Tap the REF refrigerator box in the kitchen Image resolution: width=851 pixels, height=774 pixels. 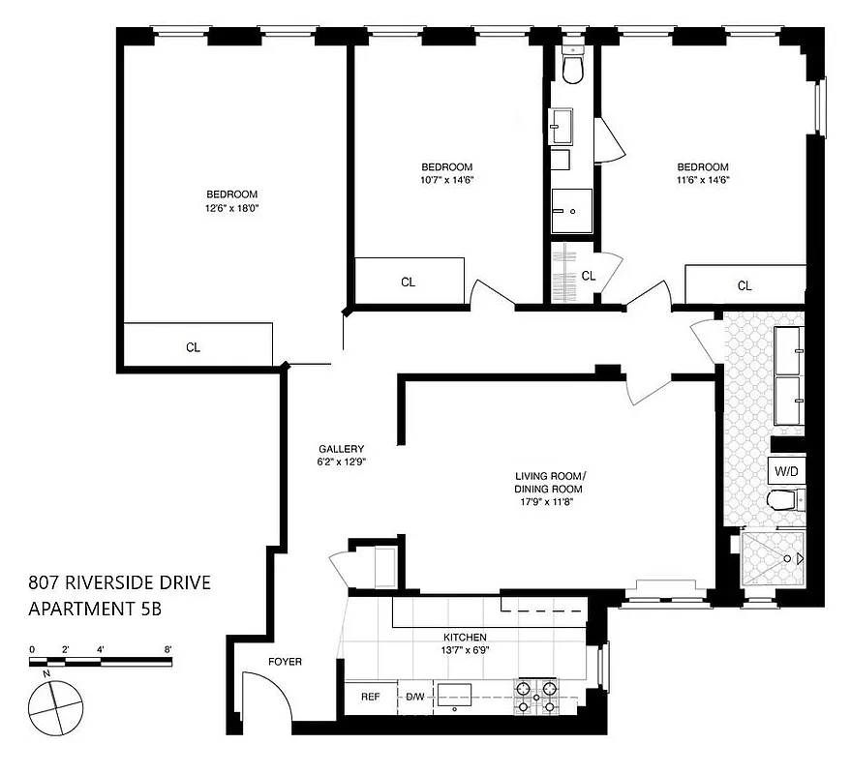(369, 697)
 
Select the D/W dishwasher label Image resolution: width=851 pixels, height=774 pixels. (414, 697)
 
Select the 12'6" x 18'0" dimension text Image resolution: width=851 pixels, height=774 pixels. (231, 208)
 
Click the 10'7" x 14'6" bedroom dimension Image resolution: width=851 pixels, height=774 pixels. (446, 179)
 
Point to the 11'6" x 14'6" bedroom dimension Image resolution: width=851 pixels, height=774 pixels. (702, 179)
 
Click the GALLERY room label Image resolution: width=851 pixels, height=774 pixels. (342, 449)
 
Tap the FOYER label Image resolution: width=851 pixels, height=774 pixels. (285, 662)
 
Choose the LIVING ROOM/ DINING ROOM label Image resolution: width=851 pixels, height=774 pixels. (549, 483)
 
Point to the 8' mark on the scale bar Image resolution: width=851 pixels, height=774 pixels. (168, 650)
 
